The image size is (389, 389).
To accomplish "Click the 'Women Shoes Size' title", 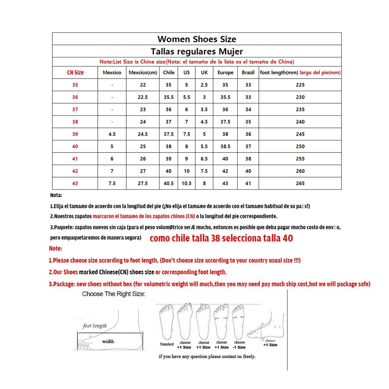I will point(197,39).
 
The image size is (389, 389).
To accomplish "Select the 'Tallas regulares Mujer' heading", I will point(197,52).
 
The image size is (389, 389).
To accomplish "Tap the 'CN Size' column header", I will point(75,73).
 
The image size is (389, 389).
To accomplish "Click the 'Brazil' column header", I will point(248,73).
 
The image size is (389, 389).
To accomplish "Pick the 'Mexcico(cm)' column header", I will point(143,73).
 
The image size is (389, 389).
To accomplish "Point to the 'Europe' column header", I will point(225,73).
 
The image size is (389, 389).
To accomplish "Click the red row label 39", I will point(75,134).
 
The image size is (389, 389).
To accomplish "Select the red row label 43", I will point(75,183).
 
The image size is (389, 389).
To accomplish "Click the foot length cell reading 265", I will point(300,183).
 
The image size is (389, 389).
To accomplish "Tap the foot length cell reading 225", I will point(300,85).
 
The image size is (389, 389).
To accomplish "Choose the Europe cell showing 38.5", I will point(225,147).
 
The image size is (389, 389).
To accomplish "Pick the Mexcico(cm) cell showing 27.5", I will point(143,183).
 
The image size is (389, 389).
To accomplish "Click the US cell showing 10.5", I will point(186,183).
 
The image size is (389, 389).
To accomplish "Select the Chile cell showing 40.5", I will point(169,183).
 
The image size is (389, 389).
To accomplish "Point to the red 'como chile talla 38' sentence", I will point(221,239).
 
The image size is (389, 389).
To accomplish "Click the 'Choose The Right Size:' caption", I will point(113,294).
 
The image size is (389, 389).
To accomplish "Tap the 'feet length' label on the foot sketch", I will point(95,326).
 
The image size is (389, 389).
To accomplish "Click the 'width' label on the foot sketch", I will point(108,341).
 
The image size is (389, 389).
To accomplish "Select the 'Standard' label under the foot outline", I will point(167,344).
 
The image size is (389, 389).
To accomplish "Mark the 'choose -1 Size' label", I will point(240,345).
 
